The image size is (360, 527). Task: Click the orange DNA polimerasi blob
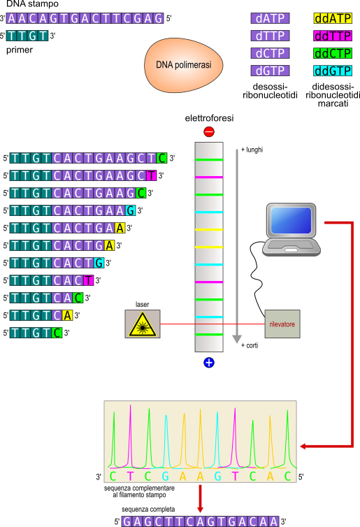pyautogui.click(x=184, y=65)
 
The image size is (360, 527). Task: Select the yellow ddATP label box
pyautogui.click(x=333, y=18)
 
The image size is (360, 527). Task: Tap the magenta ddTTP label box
pyautogui.click(x=333, y=36)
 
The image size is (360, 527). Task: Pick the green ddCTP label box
pyautogui.click(x=333, y=53)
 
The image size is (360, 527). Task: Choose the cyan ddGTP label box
pyautogui.click(x=333, y=71)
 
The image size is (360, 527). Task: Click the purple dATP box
pyautogui.click(x=270, y=18)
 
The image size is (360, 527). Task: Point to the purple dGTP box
pyautogui.click(x=270, y=71)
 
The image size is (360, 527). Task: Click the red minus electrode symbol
pyautogui.click(x=209, y=131)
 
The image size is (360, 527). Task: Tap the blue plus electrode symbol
pyautogui.click(x=209, y=362)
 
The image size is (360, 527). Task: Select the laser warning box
pyautogui.click(x=143, y=324)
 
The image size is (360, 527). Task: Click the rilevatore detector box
pyautogui.click(x=282, y=324)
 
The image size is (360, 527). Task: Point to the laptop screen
pyautogui.click(x=291, y=220)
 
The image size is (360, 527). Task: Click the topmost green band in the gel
pyautogui.click(x=209, y=159)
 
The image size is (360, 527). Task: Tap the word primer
pyautogui.click(x=20, y=50)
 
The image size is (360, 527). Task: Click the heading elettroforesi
pyautogui.click(x=209, y=118)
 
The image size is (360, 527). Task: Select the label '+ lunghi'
pyautogui.click(x=252, y=150)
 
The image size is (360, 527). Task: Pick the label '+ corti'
pyautogui.click(x=250, y=345)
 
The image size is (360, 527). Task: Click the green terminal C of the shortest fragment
pyautogui.click(x=57, y=333)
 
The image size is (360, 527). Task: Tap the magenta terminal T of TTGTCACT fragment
pyautogui.click(x=88, y=280)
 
